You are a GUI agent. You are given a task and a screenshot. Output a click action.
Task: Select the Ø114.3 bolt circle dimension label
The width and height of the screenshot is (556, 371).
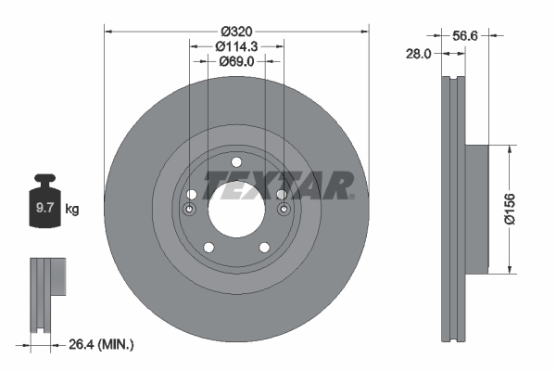tap(235, 46)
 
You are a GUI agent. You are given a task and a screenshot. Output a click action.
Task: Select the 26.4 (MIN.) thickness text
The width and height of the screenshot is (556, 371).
tap(101, 345)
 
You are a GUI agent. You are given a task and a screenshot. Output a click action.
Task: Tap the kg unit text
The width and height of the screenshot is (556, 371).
tap(72, 210)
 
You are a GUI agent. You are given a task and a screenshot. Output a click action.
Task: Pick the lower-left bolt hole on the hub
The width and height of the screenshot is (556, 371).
tap(208, 247)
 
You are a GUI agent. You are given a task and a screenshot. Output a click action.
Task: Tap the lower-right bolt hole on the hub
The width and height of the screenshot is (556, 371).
tap(263, 247)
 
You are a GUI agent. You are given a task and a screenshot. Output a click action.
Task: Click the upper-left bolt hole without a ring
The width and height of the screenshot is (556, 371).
tap(192, 194)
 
